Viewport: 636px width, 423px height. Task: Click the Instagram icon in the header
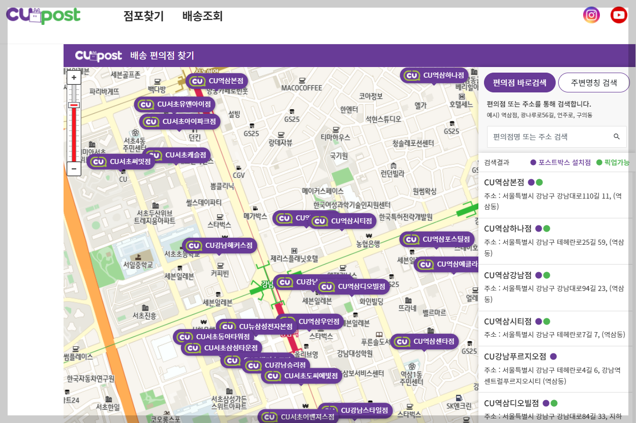pos(591,15)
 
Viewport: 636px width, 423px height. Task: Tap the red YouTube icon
pos(619,15)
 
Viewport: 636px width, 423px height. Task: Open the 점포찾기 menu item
pos(143,16)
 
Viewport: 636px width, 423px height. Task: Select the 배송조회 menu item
pos(202,16)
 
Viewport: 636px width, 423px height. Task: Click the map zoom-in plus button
pos(74,78)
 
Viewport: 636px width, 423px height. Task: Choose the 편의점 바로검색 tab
pos(520,83)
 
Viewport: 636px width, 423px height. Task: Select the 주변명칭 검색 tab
pos(594,83)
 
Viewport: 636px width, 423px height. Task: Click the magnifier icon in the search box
pos(617,137)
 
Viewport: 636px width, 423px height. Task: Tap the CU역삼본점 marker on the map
pos(218,81)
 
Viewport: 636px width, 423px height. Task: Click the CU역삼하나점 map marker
pos(435,75)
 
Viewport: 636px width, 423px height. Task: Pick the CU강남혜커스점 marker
pos(220,245)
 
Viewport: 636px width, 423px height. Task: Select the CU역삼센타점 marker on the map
pos(425,341)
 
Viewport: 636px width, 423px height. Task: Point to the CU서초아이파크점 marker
pos(180,122)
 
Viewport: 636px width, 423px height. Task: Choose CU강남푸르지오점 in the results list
pos(515,356)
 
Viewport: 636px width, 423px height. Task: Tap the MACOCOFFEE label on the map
pos(302,88)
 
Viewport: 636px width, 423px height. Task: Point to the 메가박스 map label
pos(255,216)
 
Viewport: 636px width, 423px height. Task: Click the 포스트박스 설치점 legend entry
pos(560,162)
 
